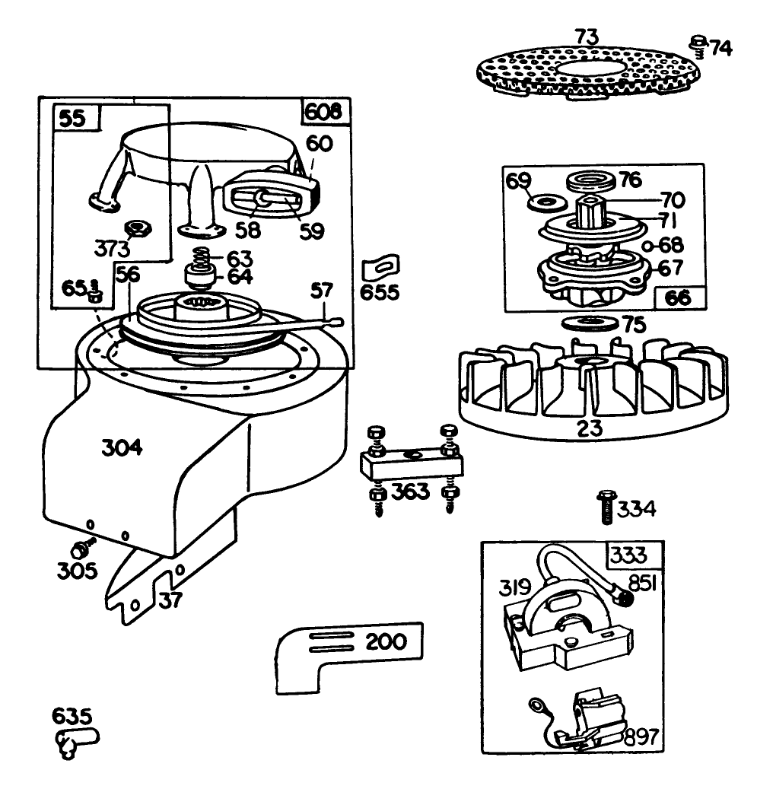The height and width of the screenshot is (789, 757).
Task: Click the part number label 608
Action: [327, 113]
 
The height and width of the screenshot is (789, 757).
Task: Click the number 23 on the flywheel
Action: [590, 428]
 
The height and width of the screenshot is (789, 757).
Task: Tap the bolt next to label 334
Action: [605, 506]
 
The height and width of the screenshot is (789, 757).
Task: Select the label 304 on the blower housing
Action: [122, 448]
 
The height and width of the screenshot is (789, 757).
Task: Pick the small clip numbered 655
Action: [378, 268]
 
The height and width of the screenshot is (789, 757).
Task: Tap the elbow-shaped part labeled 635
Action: [75, 740]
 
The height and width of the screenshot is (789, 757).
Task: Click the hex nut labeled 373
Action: [138, 227]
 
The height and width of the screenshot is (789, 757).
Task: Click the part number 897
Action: [640, 737]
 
